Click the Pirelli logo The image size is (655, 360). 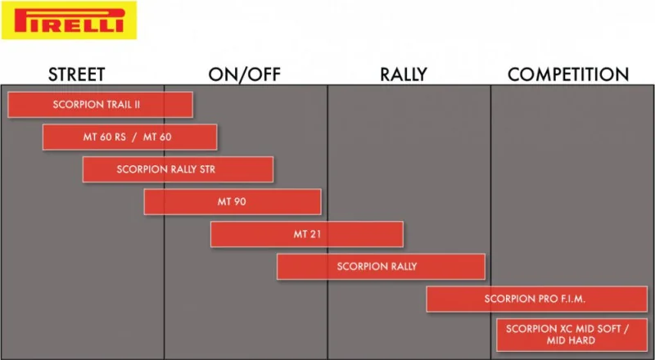coord(69,20)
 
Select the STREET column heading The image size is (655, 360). coord(76,74)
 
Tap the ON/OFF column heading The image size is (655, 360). coord(244,74)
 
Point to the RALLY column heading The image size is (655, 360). coord(404,74)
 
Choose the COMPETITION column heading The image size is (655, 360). coord(568,74)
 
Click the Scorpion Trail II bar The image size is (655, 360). coord(100,105)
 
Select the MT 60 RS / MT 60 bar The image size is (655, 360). coord(130,137)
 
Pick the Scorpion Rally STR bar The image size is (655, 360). coord(178,169)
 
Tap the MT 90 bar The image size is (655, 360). coord(233,202)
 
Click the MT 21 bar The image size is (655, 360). coord(307,234)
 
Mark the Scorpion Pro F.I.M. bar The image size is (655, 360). coord(537,299)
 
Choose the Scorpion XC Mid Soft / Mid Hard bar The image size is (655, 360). coord(571,335)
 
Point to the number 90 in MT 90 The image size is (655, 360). coord(240,202)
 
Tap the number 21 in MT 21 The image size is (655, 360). coord(315,234)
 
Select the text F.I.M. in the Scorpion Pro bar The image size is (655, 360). coord(569,299)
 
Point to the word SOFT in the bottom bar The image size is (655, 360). coord(609,329)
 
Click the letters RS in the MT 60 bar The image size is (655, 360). coord(120,137)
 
